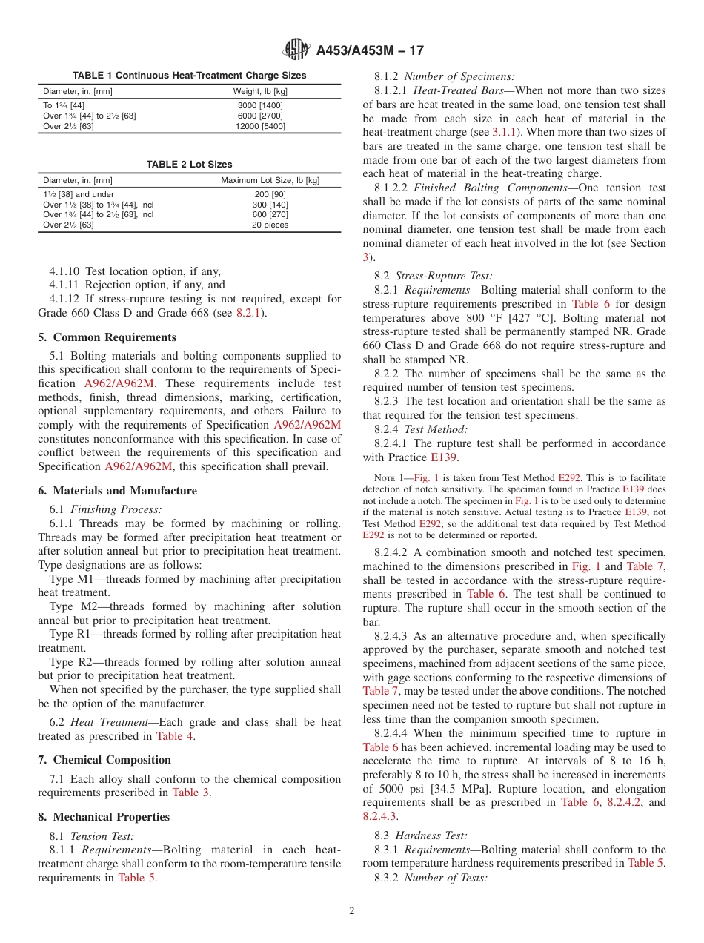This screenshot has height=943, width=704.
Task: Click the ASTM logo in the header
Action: [296, 50]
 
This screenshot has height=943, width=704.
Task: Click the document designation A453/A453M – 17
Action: [369, 51]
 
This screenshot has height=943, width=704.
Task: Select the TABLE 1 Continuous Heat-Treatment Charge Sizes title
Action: [189, 76]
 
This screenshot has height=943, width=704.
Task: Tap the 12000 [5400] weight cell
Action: [260, 126]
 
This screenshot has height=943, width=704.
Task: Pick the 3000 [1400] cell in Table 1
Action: [260, 105]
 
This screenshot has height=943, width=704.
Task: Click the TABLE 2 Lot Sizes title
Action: [189, 165]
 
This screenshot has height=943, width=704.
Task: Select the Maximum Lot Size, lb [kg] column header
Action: [270, 180]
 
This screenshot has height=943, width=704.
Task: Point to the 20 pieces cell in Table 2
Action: [270, 225]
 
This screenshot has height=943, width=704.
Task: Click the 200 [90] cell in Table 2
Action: [270, 193]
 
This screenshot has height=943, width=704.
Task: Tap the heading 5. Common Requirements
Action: [107, 337]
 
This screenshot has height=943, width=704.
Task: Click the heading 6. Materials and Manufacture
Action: [118, 491]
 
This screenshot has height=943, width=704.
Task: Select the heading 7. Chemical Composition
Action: [104, 760]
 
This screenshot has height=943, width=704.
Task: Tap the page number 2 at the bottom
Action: [352, 911]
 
